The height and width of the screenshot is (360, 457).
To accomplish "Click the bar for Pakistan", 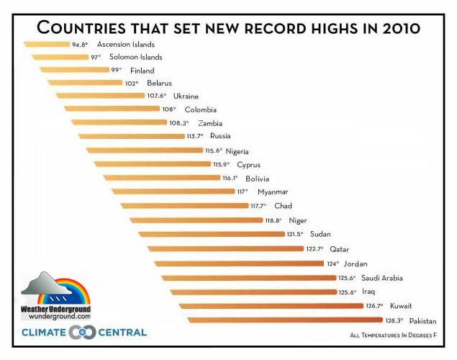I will (281, 320).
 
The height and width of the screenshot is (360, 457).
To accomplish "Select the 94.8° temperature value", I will (80, 44).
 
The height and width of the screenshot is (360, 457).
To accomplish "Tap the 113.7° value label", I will (195, 135).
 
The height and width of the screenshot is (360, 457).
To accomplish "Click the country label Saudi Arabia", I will (381, 278).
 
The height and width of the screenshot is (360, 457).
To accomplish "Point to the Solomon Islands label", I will (135, 57).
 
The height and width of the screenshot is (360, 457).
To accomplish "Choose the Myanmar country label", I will (272, 192).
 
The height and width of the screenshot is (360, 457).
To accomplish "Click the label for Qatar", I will (339, 248).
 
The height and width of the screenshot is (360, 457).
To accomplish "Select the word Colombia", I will (200, 109).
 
